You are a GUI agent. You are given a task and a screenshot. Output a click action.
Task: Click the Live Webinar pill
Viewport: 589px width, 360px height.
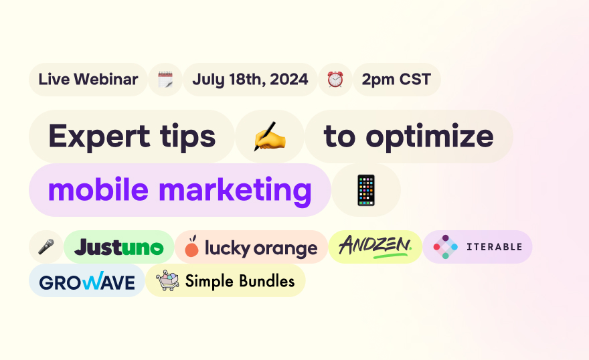pos(88,80)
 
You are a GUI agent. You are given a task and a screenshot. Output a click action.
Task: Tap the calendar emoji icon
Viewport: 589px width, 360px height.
pos(165,80)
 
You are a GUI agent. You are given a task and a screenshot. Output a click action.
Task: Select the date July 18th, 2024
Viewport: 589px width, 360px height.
pos(250,80)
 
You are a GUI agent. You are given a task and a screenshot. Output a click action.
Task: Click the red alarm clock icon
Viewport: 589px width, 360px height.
pos(335,80)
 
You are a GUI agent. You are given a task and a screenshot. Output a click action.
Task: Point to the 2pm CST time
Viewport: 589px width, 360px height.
pos(396,80)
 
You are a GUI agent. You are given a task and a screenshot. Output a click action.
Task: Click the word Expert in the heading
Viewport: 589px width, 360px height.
pos(99,137)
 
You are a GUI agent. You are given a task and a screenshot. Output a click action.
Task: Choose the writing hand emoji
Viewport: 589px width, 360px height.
pos(270,137)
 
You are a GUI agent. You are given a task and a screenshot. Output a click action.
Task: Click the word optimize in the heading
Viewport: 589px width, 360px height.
pos(430,137)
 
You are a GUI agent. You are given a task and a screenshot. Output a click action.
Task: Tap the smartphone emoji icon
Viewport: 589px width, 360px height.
pos(366,190)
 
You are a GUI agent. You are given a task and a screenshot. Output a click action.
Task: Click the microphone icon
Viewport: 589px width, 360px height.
pos(46,247)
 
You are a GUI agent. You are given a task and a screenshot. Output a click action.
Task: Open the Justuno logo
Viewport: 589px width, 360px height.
pos(118,247)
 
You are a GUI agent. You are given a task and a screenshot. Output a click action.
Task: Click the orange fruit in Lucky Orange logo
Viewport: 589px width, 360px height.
pos(191,247)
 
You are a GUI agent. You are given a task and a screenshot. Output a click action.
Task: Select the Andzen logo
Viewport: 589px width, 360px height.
pos(375,247)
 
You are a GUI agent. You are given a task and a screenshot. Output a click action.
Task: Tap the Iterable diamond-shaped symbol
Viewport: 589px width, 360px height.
pos(445,247)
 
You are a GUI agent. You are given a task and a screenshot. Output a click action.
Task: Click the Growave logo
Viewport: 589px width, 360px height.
pos(87,281)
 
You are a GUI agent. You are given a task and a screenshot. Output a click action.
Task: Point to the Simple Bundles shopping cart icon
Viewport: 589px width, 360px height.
pos(167,280)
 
